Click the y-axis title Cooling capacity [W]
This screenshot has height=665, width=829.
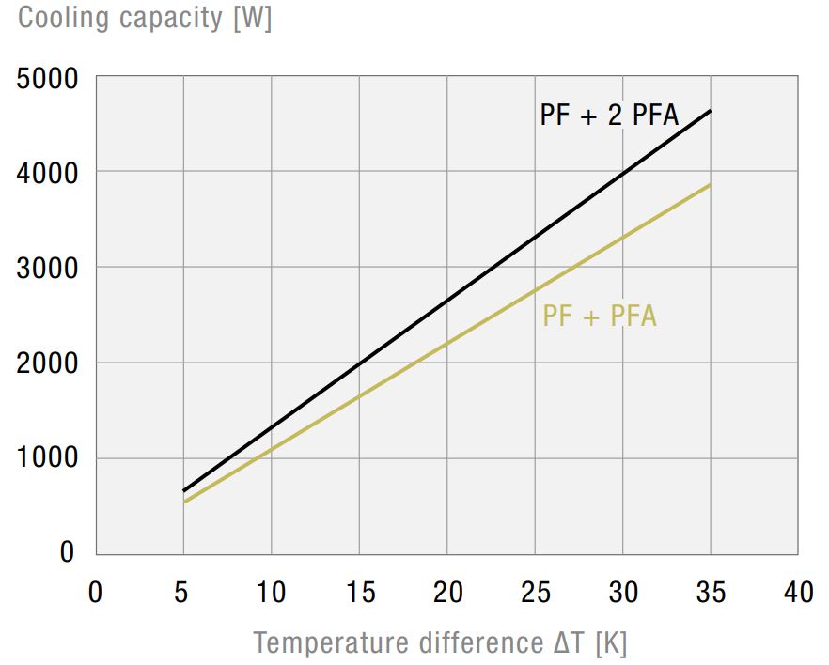(145, 19)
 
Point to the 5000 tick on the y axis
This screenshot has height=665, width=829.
(46, 79)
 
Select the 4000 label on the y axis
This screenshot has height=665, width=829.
(46, 173)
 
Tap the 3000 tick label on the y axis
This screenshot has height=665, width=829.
(46, 268)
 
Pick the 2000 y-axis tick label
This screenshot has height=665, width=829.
(46, 363)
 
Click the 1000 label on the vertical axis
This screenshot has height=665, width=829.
(46, 458)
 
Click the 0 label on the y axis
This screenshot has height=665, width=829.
(67, 552)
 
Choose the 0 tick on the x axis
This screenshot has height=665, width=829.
(95, 593)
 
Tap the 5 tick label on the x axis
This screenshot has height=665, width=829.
(183, 593)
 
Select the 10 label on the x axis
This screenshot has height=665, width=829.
(271, 593)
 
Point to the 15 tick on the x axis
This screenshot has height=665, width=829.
(359, 593)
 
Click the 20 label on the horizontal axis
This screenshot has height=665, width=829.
(447, 593)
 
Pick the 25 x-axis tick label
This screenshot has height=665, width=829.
(535, 593)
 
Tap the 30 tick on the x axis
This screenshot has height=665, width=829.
(623, 593)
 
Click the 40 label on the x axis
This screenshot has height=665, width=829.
(799, 593)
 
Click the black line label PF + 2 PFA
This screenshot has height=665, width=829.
(609, 116)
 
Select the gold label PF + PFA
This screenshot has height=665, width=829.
(600, 317)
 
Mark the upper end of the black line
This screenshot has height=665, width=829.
(711, 111)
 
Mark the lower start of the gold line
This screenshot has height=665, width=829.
(183, 503)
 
